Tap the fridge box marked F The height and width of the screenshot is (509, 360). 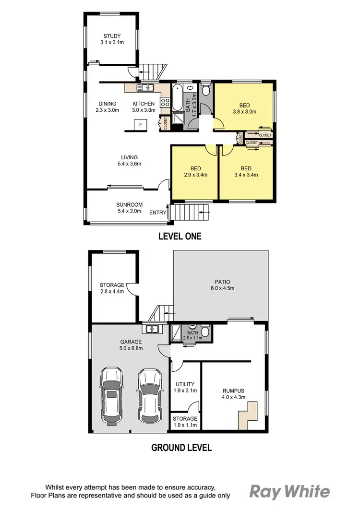click(x=141, y=126)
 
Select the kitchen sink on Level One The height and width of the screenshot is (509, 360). click(x=144, y=88)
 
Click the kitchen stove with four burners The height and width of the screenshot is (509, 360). click(x=165, y=102)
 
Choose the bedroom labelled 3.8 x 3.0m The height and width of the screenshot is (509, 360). click(x=247, y=108)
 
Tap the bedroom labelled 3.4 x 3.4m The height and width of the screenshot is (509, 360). click(x=247, y=171)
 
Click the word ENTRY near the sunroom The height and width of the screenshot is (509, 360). click(x=158, y=213)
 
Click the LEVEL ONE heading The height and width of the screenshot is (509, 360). click(x=180, y=236)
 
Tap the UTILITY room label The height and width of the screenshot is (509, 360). click(x=185, y=387)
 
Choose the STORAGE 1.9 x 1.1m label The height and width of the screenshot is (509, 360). click(x=185, y=422)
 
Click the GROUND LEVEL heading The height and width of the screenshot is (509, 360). click(x=181, y=448)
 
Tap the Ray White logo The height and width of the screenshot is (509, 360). click(x=290, y=492)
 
